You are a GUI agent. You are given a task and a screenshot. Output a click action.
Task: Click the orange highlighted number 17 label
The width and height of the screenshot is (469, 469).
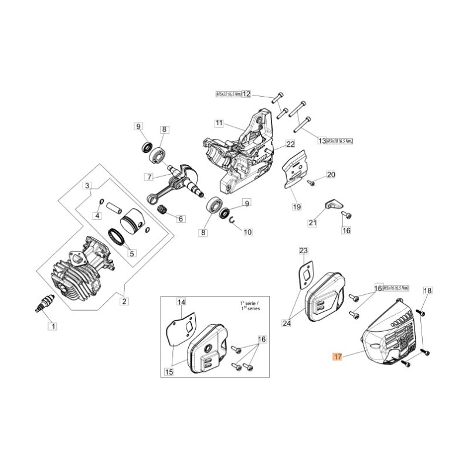click(337, 356)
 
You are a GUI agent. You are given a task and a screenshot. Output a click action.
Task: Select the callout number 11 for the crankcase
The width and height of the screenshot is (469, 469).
click(219, 123)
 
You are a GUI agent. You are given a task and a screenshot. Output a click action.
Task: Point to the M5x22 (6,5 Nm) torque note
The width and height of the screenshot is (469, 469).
click(228, 94)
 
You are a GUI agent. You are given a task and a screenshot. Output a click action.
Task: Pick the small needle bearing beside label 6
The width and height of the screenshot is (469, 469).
click(164, 210)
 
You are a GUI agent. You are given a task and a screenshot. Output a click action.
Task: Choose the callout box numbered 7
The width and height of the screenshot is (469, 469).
click(149, 176)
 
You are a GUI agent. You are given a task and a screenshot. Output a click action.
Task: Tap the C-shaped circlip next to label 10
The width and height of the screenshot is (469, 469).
click(233, 221)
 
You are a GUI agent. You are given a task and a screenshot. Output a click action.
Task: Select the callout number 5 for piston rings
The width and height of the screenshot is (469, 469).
click(132, 254)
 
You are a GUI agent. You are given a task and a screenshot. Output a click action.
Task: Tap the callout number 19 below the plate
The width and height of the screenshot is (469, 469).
click(297, 206)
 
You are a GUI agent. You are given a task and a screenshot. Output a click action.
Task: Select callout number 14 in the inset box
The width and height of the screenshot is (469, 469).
click(181, 302)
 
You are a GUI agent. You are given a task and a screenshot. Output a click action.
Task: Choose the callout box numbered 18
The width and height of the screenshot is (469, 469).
click(427, 291)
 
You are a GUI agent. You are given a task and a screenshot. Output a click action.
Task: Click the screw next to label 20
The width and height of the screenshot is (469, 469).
click(312, 183)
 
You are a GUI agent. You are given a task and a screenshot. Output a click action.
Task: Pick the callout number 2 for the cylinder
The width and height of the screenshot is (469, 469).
click(124, 301)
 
